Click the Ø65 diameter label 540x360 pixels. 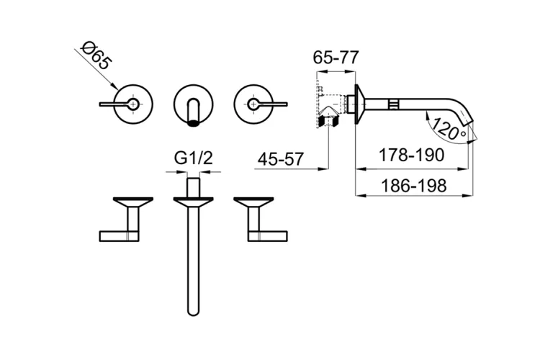pyautogui.click(x=96, y=55)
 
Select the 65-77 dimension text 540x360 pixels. pyautogui.click(x=336, y=57)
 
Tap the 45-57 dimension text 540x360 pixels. pyautogui.click(x=281, y=159)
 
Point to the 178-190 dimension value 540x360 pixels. pyautogui.click(x=411, y=155)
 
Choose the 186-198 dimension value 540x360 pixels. pyautogui.click(x=413, y=186)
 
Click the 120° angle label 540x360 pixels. pyautogui.click(x=449, y=130)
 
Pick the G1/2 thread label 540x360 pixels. pyautogui.click(x=194, y=158)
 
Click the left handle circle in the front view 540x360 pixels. pyautogui.click(x=134, y=104)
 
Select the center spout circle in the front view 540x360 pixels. pyautogui.click(x=194, y=104)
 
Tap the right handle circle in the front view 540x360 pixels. pyautogui.click(x=253, y=104)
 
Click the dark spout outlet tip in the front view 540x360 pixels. pyautogui.click(x=194, y=123)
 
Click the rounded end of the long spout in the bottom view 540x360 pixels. pyautogui.click(x=194, y=312)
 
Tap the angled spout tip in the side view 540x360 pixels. pyautogui.click(x=469, y=120)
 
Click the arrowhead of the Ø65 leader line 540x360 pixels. pyautogui.click(x=115, y=87)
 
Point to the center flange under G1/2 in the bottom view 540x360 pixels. pyautogui.click(x=194, y=201)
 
